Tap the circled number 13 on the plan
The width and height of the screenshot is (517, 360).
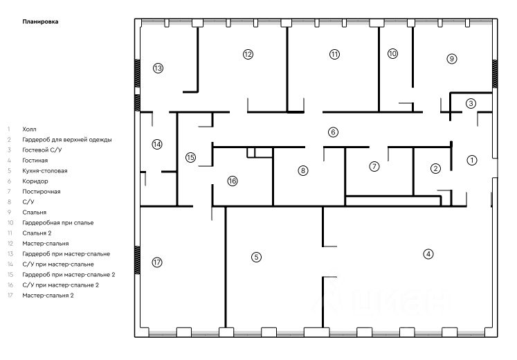click(158, 68)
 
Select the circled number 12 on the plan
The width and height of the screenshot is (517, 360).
click(248, 54)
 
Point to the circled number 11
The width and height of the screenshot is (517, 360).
click(335, 54)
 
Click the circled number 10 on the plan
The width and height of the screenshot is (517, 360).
click(393, 53)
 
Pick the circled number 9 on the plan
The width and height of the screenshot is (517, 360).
click(451, 59)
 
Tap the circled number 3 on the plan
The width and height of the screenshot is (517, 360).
click(471, 104)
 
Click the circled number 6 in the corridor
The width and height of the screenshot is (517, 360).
click(333, 132)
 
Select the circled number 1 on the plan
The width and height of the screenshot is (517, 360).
click(472, 160)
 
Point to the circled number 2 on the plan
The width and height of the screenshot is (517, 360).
click(435, 168)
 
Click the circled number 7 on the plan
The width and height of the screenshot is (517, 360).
click(374, 166)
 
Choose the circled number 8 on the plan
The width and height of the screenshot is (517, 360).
click(303, 170)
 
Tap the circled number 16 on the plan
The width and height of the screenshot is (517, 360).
click(233, 181)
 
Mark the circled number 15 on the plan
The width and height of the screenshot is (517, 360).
click(191, 158)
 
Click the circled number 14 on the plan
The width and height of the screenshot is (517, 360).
click(157, 145)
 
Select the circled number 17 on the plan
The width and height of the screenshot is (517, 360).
click(157, 262)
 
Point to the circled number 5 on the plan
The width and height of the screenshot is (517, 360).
click(256, 257)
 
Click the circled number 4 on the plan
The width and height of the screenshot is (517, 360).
click(428, 254)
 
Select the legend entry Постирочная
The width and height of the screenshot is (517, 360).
click(41, 191)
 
